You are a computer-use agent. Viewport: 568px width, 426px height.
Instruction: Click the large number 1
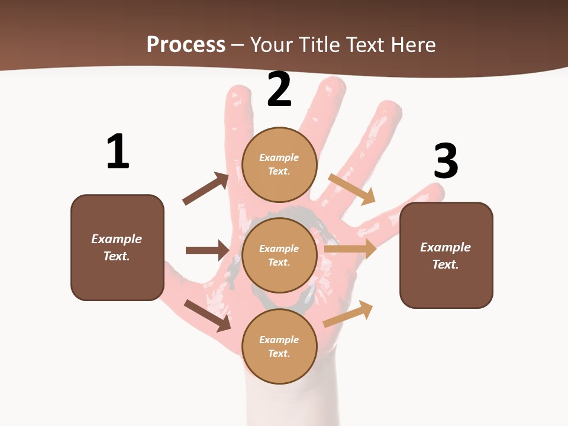118,152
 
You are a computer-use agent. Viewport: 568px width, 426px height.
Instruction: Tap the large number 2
279,90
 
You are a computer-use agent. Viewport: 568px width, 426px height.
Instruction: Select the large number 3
446,162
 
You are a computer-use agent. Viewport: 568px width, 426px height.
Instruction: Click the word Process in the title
186,44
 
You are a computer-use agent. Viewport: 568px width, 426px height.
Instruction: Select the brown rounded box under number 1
117,247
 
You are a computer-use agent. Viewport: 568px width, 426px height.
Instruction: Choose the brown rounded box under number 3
446,256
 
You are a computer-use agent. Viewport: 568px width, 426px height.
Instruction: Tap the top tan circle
279,164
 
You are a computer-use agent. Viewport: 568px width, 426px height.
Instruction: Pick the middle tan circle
279,256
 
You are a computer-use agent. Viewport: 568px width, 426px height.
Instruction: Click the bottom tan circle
279,347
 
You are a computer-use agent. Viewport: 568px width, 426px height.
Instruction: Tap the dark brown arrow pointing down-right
208,315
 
